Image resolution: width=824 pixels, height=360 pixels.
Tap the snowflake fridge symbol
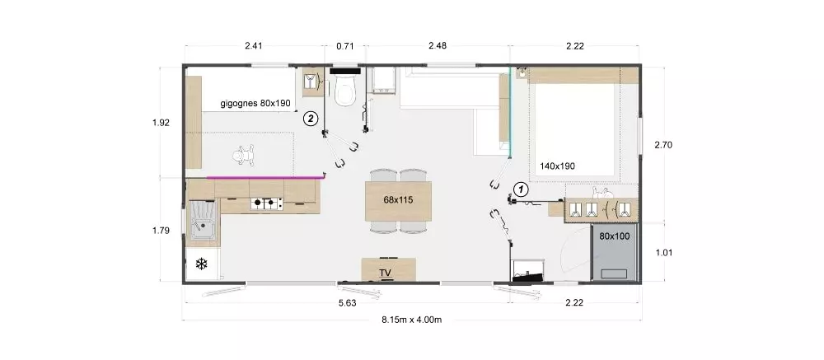(201, 264)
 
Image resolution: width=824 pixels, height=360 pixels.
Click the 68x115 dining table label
(398, 199)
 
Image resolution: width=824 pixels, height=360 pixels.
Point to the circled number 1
(520, 188)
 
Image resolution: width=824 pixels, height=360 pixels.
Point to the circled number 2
(311, 119)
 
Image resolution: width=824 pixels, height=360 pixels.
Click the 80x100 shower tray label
(615, 236)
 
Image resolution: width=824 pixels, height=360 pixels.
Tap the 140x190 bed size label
(557, 166)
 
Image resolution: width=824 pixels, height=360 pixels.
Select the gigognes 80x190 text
(255, 104)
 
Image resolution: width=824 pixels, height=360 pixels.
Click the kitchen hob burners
(266, 203)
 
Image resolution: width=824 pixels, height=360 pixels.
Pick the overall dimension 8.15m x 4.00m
(411, 320)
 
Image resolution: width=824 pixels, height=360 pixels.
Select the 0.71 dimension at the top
(344, 46)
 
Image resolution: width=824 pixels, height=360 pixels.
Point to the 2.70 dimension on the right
(663, 144)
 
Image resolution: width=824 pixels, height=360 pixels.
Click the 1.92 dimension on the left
(161, 123)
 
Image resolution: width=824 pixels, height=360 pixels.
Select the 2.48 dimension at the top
(438, 46)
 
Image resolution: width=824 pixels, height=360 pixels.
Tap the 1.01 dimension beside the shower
(665, 252)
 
